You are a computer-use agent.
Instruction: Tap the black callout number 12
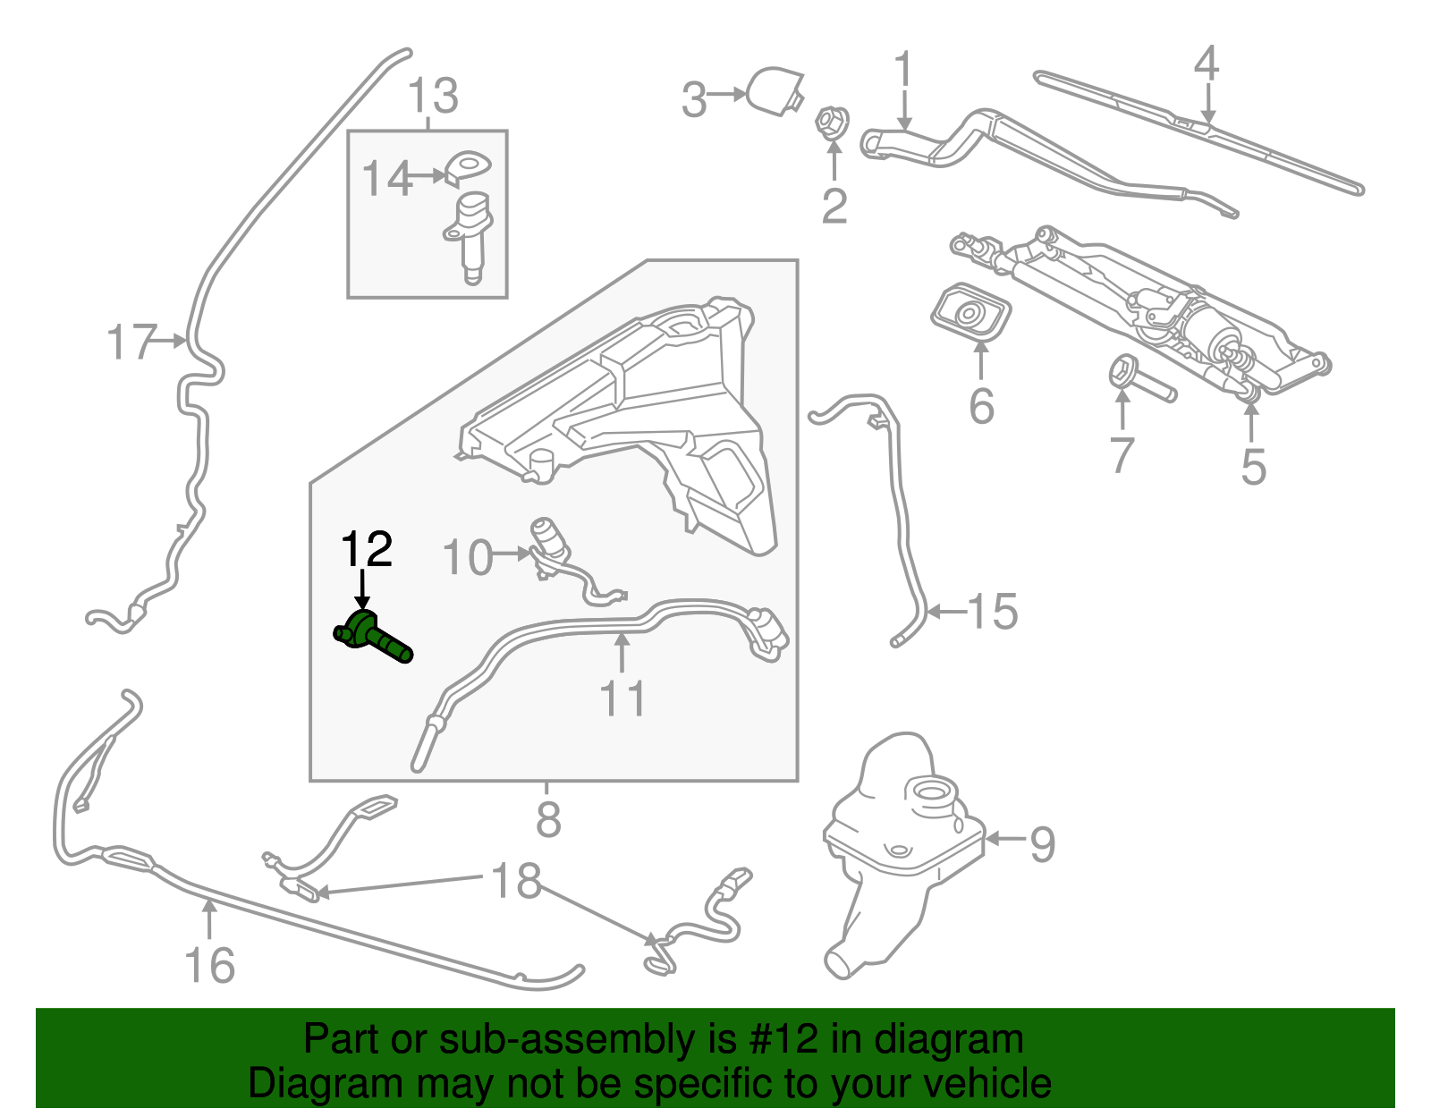click(367, 549)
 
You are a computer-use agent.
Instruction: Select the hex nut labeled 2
click(832, 123)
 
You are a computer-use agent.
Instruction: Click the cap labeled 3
click(775, 90)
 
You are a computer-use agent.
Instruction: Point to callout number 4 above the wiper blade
click(1206, 63)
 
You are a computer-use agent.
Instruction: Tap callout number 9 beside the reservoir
click(1041, 843)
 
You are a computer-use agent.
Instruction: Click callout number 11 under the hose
click(622, 699)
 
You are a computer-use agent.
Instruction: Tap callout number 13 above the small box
click(433, 96)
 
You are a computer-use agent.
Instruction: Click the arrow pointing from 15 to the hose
click(946, 612)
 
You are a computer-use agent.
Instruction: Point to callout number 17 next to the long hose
click(131, 343)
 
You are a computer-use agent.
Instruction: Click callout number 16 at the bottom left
click(209, 965)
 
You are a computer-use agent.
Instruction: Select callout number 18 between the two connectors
click(517, 881)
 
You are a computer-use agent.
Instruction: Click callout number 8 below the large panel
click(547, 819)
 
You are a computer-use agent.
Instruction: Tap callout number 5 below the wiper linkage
click(1253, 466)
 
